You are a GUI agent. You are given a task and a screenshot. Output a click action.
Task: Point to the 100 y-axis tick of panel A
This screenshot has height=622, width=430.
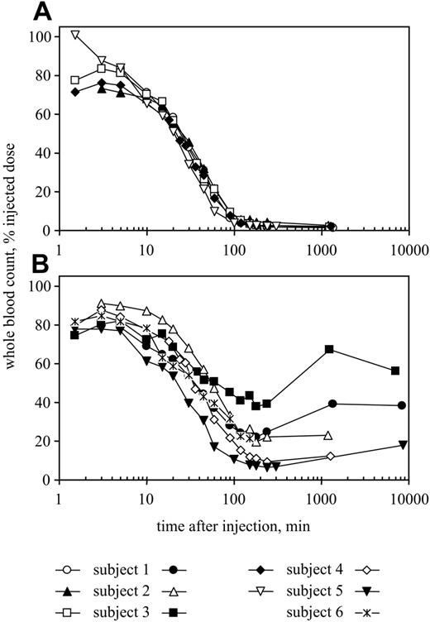(38, 37)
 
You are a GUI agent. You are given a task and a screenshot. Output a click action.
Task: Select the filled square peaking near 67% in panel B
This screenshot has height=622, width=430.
(329, 350)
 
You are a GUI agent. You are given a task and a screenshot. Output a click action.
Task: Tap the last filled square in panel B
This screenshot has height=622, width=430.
(395, 371)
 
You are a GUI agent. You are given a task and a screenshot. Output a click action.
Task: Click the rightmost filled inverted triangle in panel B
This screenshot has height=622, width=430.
(403, 445)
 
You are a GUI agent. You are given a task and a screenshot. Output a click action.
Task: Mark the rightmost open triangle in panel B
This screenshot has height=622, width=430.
(328, 435)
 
